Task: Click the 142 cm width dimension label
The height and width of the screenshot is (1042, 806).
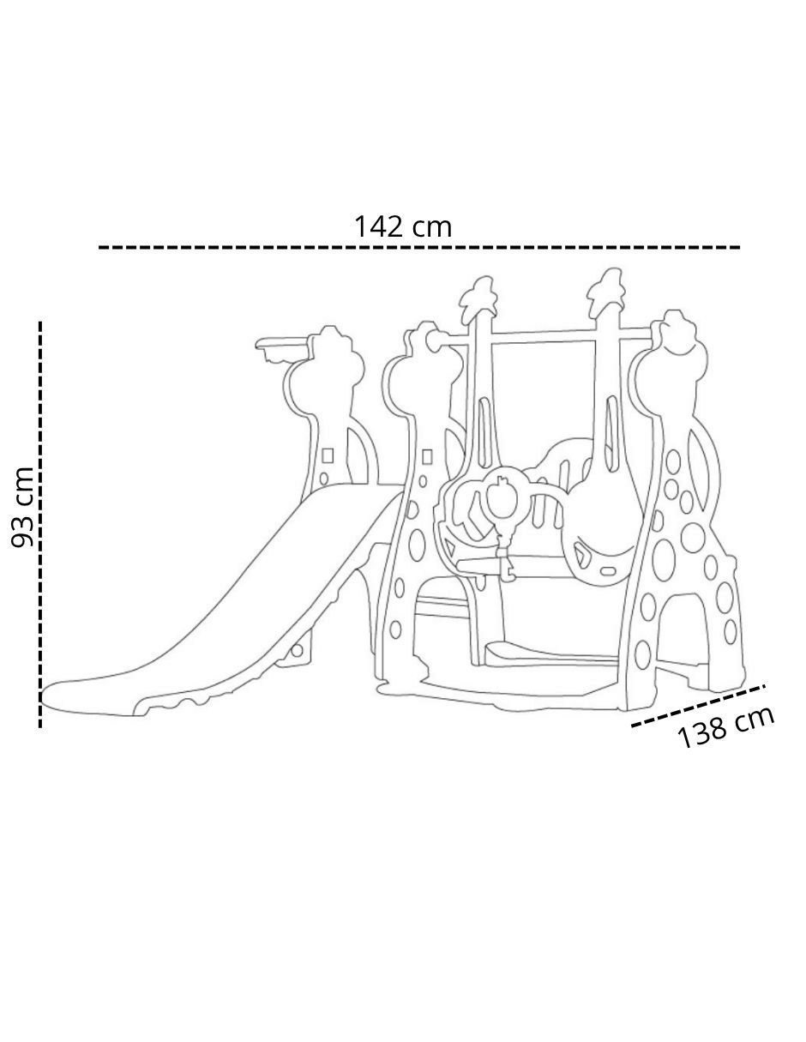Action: point(402,226)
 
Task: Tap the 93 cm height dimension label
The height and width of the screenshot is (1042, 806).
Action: point(22,508)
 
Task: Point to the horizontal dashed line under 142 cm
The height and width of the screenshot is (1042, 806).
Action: point(418,248)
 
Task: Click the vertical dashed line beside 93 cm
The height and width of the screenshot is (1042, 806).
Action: point(40,525)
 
